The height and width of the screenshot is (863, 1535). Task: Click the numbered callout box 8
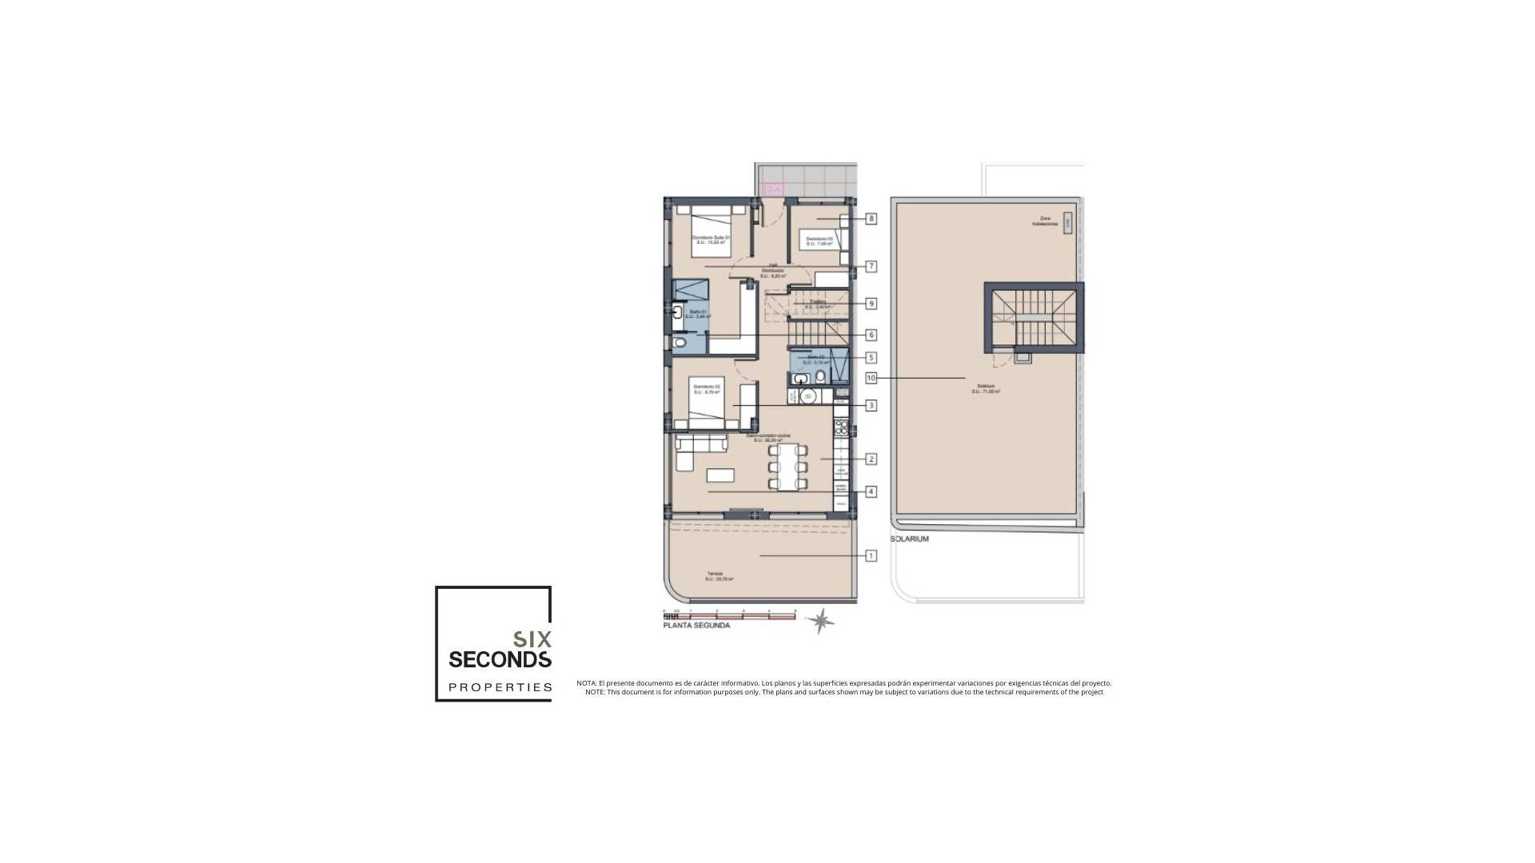point(871,218)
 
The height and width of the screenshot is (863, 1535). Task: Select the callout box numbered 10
point(871,378)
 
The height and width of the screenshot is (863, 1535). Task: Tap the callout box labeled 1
point(871,555)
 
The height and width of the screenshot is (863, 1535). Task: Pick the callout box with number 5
point(871,358)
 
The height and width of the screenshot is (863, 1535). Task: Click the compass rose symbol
point(820,620)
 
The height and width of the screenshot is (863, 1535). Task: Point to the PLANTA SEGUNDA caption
point(696,626)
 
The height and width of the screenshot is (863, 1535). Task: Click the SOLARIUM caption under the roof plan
point(910,539)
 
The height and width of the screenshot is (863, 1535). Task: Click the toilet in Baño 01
point(680,343)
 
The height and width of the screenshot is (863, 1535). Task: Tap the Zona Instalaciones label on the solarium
point(1044,221)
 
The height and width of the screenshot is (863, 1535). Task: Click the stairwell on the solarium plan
point(1034,316)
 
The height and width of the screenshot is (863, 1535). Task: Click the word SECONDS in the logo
point(500,659)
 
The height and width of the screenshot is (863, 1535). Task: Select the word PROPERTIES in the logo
point(500,687)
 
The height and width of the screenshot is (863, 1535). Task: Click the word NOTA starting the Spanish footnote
point(586,683)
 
